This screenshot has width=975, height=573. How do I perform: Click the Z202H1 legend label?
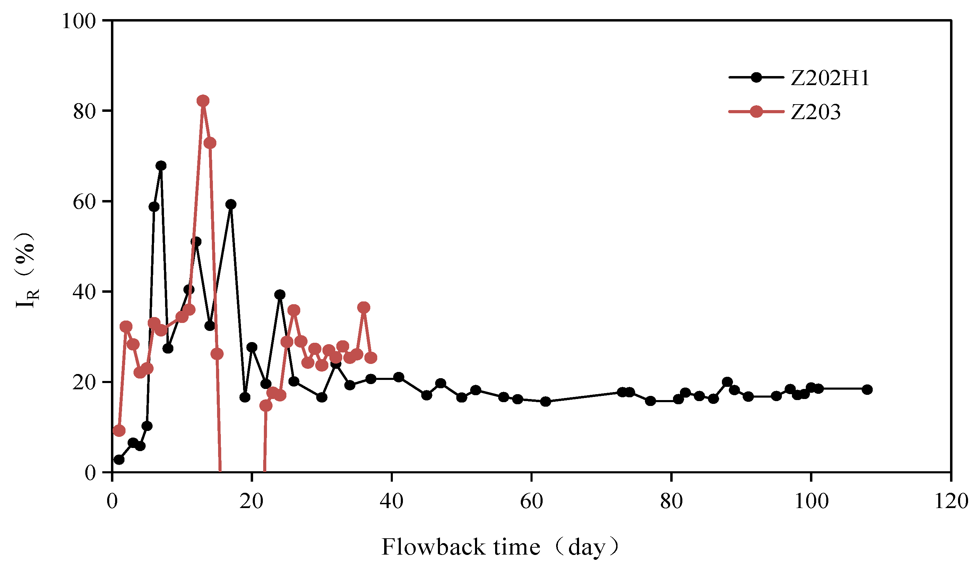tap(830, 78)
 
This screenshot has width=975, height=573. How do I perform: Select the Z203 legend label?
tap(816, 113)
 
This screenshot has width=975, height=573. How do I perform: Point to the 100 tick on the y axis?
tap(79, 21)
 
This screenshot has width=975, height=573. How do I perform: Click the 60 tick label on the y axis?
tap(84, 202)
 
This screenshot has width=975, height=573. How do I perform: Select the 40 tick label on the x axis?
tap(391, 502)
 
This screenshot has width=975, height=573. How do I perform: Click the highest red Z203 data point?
tap(203, 101)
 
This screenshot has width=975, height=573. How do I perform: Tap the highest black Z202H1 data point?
tap(161, 166)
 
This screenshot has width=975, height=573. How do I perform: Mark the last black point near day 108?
tap(868, 389)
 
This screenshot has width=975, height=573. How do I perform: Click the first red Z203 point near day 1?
tap(119, 430)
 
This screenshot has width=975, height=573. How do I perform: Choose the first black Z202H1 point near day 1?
tap(119, 460)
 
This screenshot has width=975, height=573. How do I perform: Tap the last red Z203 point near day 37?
tap(371, 358)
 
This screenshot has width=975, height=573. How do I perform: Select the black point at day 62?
tap(545, 402)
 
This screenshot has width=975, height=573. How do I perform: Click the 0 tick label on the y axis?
tap(90, 473)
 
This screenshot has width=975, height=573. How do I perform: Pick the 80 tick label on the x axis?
tap(671, 502)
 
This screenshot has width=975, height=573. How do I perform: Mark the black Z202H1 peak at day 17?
tap(231, 204)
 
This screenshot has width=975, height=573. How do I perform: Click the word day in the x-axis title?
tap(587, 547)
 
